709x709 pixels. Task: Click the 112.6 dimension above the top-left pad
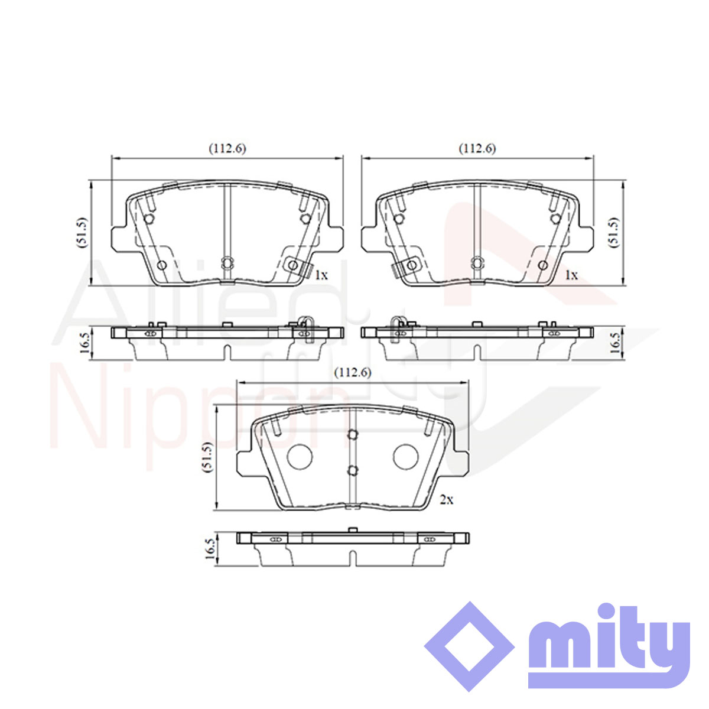coord(227,148)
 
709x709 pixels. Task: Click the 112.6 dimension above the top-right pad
coord(477,148)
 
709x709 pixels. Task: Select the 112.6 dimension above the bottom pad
coord(353,373)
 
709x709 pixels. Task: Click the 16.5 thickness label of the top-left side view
coord(84,343)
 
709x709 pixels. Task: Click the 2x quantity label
coord(447,500)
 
